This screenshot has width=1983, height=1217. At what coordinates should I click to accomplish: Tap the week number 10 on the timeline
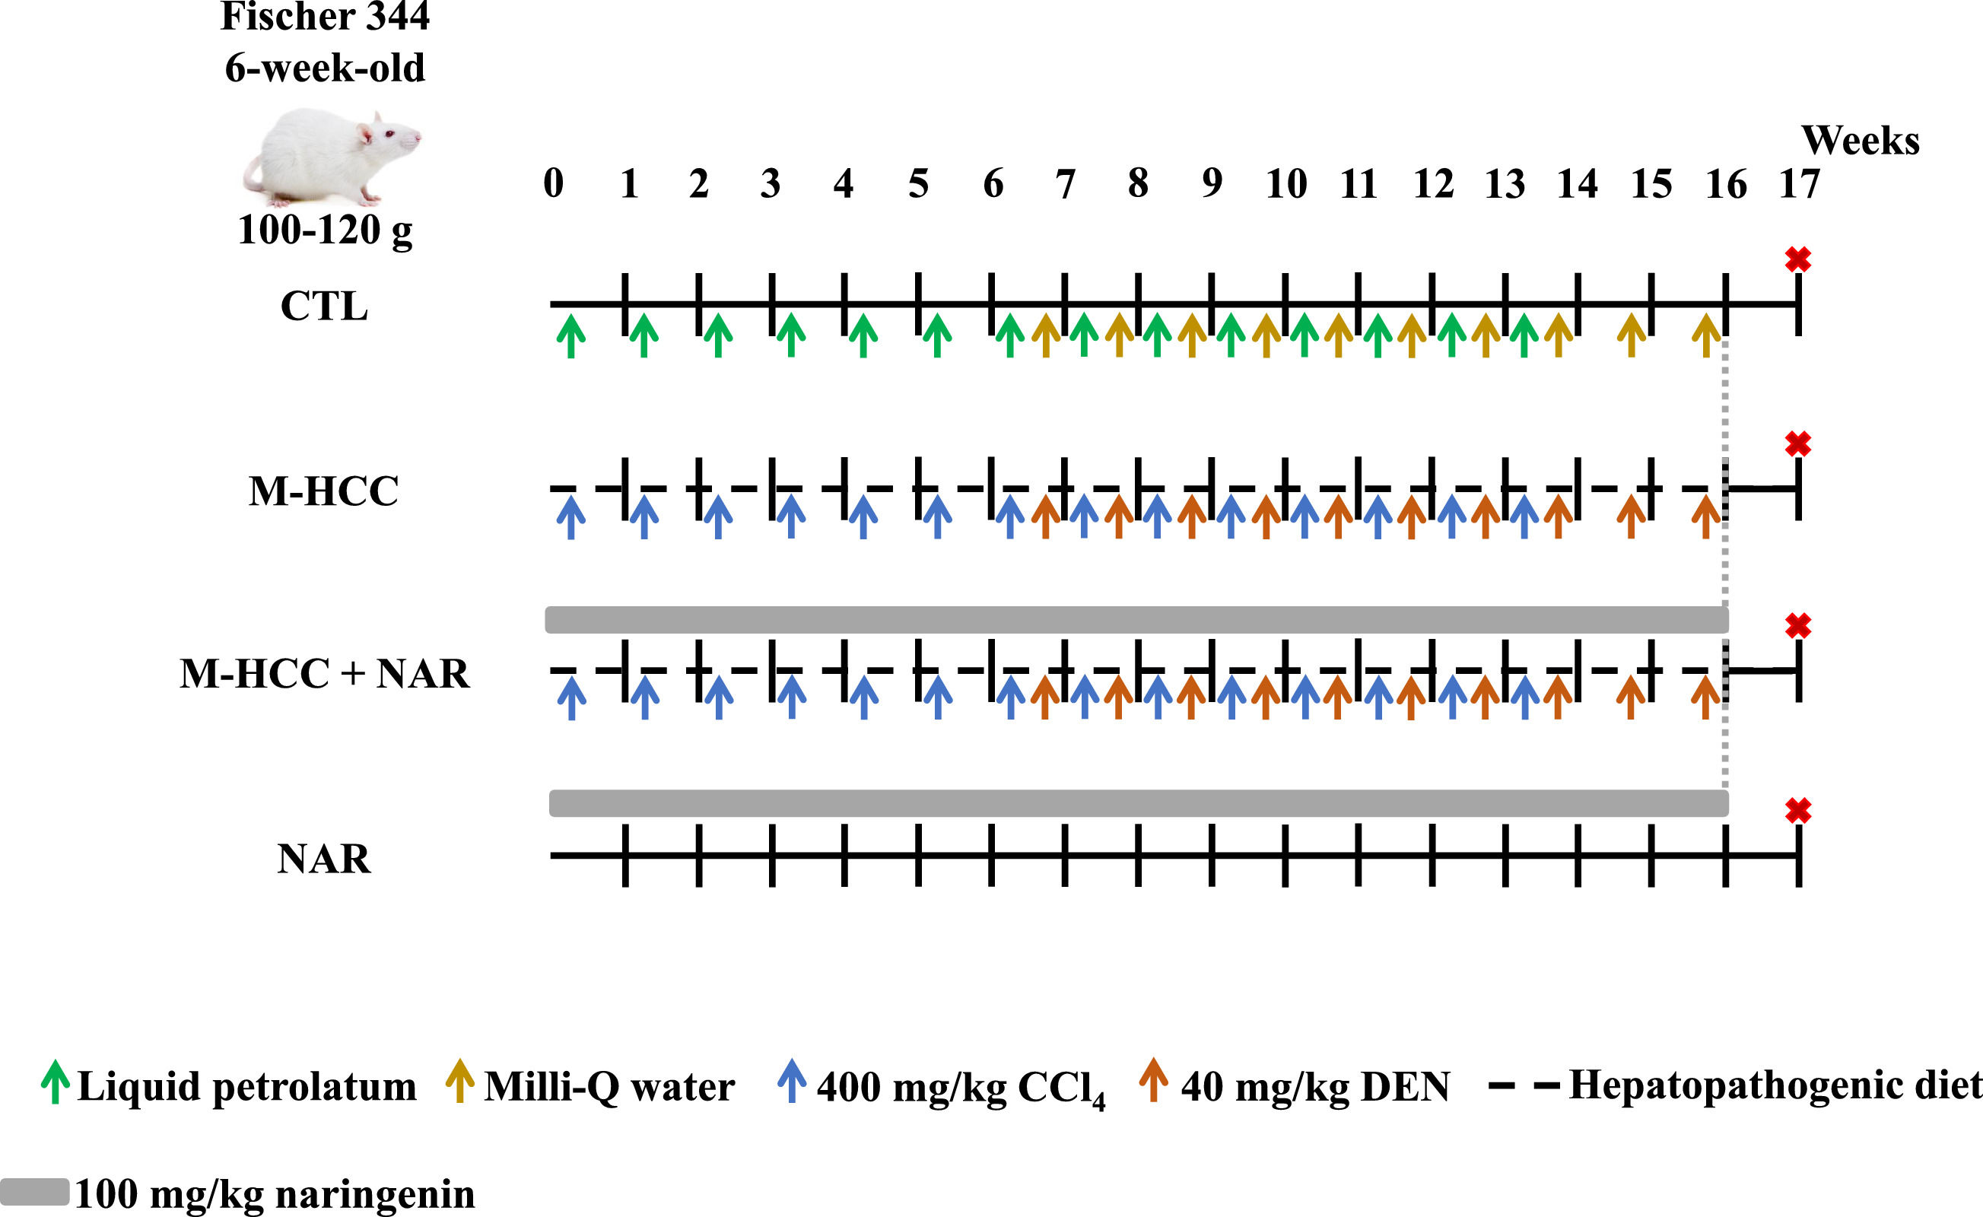click(x=1286, y=184)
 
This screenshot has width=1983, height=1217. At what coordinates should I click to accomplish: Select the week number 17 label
click(x=1800, y=184)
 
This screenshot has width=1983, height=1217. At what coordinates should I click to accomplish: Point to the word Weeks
click(x=1860, y=141)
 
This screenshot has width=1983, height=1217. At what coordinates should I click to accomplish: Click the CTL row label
click(x=324, y=307)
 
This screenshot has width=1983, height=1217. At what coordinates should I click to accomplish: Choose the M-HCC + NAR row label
click(x=324, y=674)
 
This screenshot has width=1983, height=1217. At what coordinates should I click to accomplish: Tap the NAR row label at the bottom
click(x=324, y=859)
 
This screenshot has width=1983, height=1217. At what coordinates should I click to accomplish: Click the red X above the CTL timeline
click(x=1798, y=259)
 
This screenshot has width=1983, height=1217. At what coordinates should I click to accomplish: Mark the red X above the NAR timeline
click(x=1798, y=811)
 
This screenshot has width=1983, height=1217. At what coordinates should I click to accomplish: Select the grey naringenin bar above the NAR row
click(x=1138, y=803)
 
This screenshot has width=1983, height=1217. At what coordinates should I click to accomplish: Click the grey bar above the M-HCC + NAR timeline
click(x=1136, y=620)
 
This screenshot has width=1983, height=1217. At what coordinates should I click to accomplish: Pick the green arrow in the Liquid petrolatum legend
click(x=55, y=1082)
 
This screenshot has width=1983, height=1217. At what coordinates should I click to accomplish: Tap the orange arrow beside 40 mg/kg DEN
click(x=1153, y=1080)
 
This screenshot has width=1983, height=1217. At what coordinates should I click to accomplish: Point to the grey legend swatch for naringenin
click(x=34, y=1192)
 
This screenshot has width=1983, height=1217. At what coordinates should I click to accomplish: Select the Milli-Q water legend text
click(x=609, y=1087)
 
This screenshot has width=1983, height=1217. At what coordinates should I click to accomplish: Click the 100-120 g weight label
click(x=324, y=230)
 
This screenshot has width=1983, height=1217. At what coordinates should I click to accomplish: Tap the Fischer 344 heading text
click(x=324, y=16)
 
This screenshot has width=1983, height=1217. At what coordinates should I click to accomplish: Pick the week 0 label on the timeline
click(x=554, y=184)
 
